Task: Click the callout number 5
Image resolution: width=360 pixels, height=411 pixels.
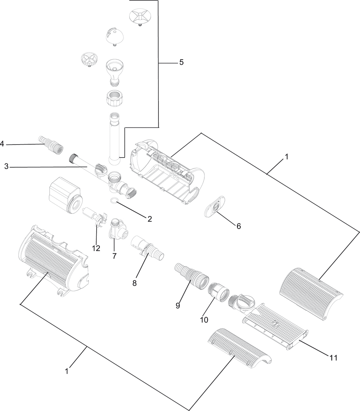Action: [x=181, y=62]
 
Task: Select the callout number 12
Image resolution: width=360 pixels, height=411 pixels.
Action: [x=96, y=248]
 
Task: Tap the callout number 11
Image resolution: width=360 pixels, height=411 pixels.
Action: [x=333, y=358]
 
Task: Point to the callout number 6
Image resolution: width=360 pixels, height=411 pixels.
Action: [x=238, y=226]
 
